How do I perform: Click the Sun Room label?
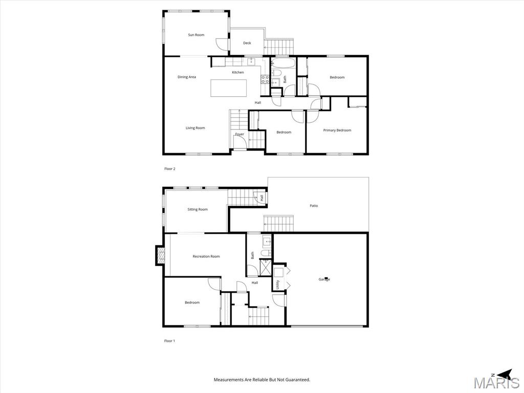coord(196,35)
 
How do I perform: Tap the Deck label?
coord(247,43)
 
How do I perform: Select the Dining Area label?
coord(187,77)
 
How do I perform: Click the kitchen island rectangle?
coord(229,88)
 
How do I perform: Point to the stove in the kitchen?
coord(265,79)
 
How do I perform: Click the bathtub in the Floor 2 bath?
coord(282,62)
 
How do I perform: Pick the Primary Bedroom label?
coord(337,130)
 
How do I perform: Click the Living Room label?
coord(195,128)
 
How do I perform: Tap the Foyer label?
coord(239,135)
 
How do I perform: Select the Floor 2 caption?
coord(170,169)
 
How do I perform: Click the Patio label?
coord(314,206)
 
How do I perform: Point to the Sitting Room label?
coord(198,209)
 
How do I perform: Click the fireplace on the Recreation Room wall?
coord(160,255)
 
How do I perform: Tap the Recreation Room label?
coord(206,257)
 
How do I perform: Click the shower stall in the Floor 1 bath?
coord(266,268)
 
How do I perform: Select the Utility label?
coord(277,285)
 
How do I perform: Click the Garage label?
coord(324,279)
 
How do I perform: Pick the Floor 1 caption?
coord(169,341)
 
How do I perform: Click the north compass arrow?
coord(505,374)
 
